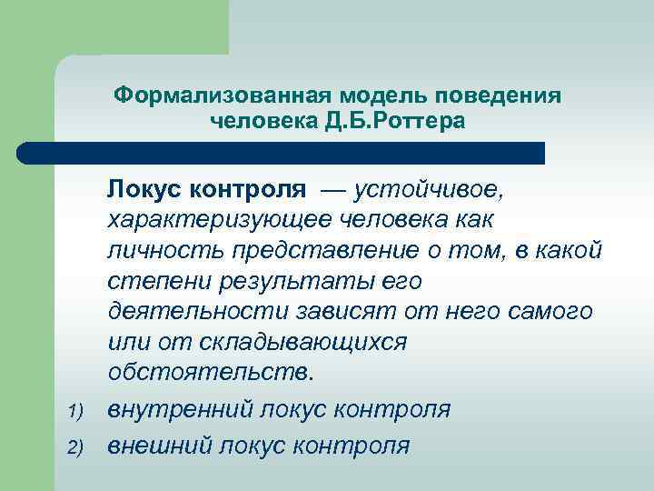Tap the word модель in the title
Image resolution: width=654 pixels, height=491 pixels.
click(x=378, y=95)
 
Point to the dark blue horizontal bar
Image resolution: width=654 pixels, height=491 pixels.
click(x=282, y=152)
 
